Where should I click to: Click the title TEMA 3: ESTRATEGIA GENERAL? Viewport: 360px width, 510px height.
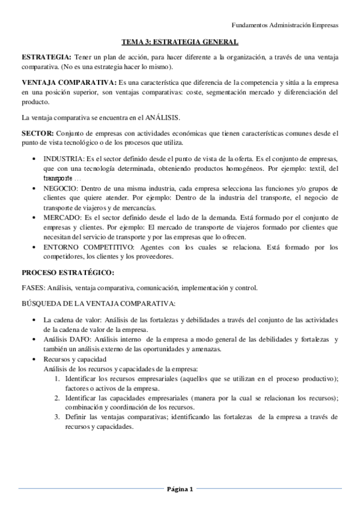tap(180, 42)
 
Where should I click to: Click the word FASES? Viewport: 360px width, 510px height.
tap(32, 287)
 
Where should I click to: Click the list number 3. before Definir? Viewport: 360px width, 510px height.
tap(57, 416)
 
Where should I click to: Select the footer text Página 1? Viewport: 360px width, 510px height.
tap(180, 489)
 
